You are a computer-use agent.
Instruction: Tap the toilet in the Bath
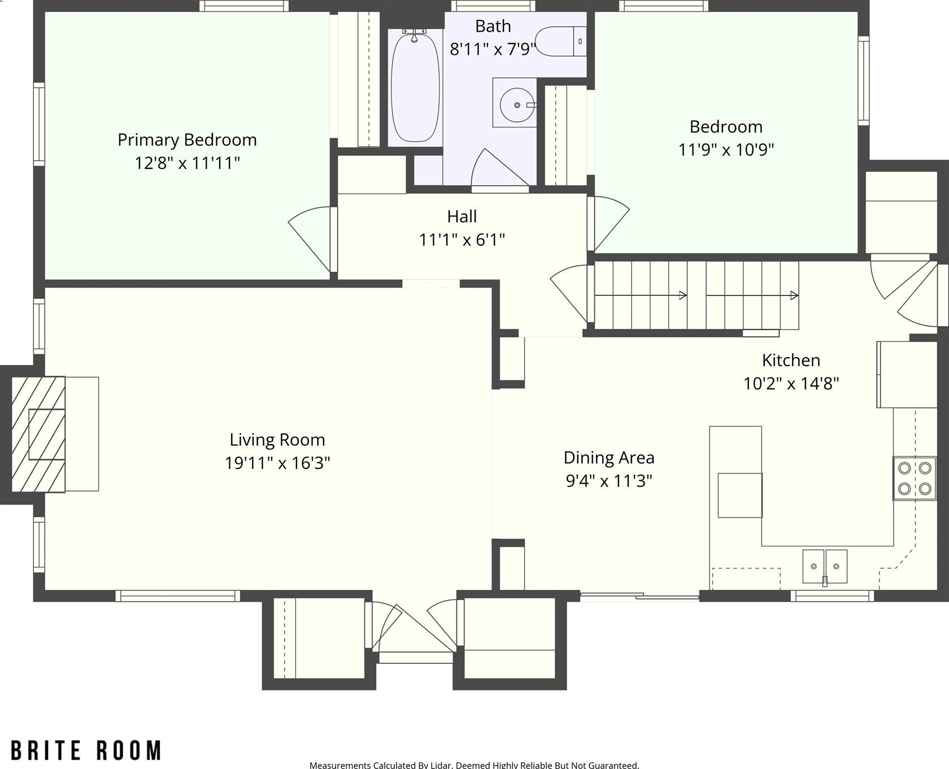[x=560, y=41]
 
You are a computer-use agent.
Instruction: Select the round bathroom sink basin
[x=517, y=105]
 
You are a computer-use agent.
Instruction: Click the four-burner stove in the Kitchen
[x=914, y=478]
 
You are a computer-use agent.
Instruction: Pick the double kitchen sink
[x=825, y=566]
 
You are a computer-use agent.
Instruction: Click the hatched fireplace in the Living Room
[x=38, y=435]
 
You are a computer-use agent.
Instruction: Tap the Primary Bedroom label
[x=187, y=140]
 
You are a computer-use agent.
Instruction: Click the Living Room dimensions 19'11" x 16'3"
[x=277, y=463]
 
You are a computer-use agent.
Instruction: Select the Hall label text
[x=462, y=216]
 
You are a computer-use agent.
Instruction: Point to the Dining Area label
[x=609, y=458]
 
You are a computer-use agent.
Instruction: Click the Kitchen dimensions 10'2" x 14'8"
[x=791, y=384]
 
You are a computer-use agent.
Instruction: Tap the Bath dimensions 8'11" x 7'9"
[x=492, y=49]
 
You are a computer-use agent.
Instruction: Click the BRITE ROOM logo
[x=86, y=751]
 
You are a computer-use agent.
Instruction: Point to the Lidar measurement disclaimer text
[x=474, y=765]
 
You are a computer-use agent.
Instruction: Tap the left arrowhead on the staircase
[x=683, y=296]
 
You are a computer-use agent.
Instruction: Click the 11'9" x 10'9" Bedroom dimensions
[x=726, y=150]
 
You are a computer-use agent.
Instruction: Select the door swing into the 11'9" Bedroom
[x=609, y=224]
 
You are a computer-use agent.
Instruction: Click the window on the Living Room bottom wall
[x=178, y=596]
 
